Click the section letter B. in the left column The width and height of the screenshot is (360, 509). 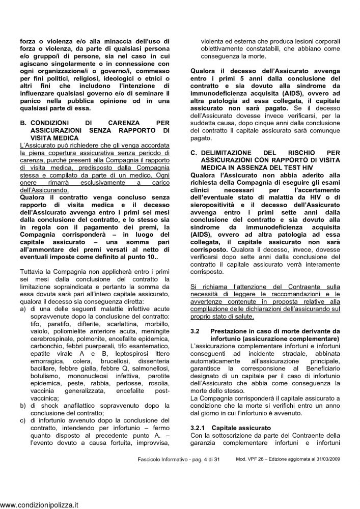(23, 123)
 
